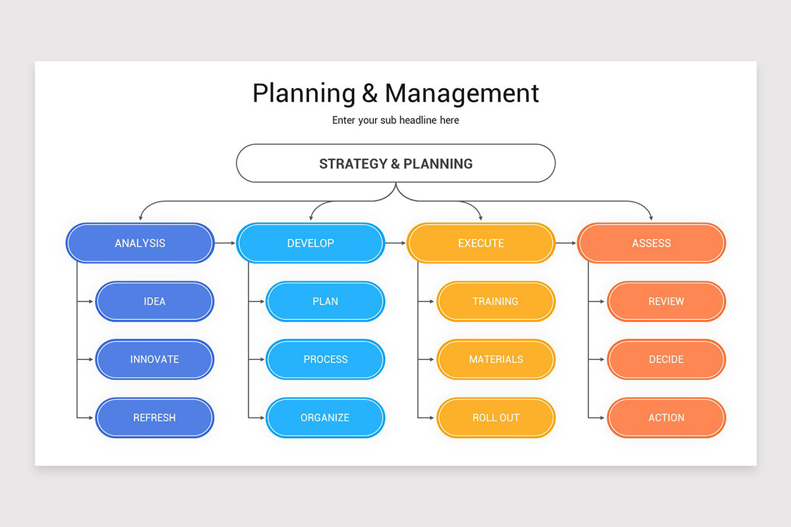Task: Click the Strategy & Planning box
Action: (x=395, y=163)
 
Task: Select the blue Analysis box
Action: (x=140, y=243)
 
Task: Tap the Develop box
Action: (x=310, y=243)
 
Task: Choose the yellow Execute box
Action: (x=481, y=243)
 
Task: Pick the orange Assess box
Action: (x=651, y=243)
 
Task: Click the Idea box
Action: (x=154, y=301)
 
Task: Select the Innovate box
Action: (x=154, y=359)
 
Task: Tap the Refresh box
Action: (x=154, y=418)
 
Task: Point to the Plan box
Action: (x=325, y=301)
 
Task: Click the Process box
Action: (x=325, y=359)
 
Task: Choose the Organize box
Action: (x=325, y=418)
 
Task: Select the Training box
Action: (x=496, y=301)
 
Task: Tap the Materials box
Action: (x=496, y=359)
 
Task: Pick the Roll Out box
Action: (x=496, y=418)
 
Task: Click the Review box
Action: (x=666, y=301)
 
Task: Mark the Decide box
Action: (x=666, y=359)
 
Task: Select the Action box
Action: (x=666, y=418)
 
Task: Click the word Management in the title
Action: (x=462, y=94)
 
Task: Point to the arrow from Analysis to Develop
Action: (x=225, y=243)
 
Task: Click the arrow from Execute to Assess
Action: (x=566, y=243)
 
